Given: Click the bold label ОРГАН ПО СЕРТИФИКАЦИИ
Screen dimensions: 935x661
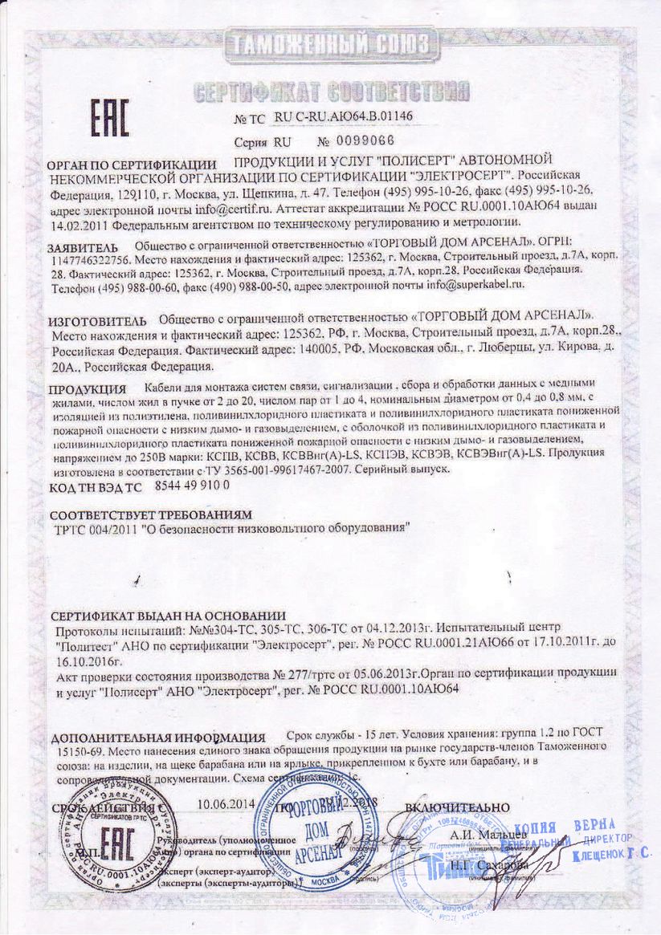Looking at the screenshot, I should coord(132,164).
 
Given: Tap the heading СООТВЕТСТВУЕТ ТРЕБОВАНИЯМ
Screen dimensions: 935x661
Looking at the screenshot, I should coord(151,513).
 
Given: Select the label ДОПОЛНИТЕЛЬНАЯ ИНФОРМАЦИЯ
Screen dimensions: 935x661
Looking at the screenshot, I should coord(157,738).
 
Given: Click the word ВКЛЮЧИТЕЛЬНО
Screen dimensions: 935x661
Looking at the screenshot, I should coord(457,807).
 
